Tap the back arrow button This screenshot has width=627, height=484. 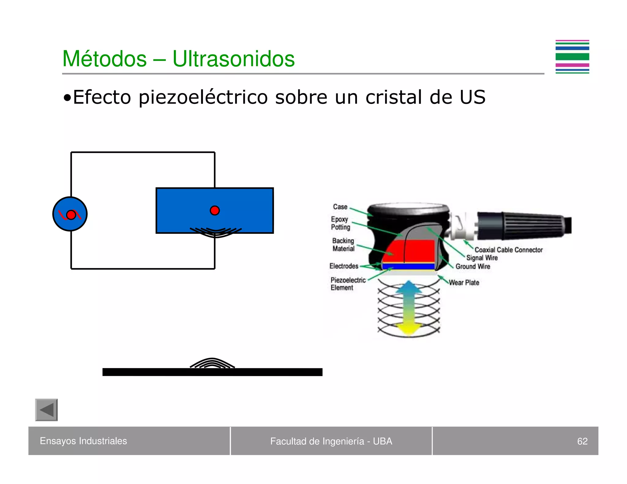click(x=47, y=410)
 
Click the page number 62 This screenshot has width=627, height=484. click(x=582, y=441)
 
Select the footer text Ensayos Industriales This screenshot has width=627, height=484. click(x=83, y=441)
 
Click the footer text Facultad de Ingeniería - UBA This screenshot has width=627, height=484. click(x=331, y=441)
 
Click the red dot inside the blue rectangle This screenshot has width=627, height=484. click(x=215, y=210)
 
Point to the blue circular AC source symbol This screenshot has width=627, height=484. click(x=70, y=214)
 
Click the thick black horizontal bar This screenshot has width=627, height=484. click(x=212, y=372)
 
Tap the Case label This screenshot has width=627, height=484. click(x=340, y=207)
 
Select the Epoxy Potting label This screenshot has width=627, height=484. click(x=340, y=223)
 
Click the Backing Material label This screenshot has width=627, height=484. click(x=343, y=244)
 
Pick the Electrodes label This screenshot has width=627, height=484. click(x=344, y=266)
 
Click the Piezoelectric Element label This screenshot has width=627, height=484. click(x=347, y=284)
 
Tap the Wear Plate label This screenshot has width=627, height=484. click(x=464, y=282)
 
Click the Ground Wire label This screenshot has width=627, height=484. click(x=473, y=266)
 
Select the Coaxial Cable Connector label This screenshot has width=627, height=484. click(x=508, y=250)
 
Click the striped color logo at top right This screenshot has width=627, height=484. click(x=572, y=57)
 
